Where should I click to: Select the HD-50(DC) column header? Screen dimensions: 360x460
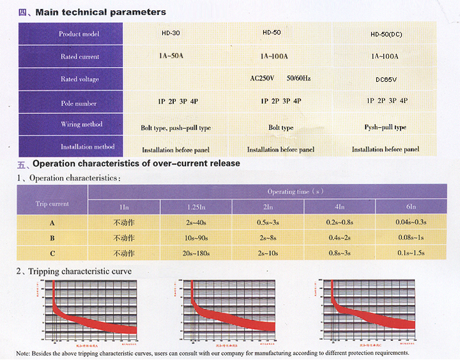coord(387,33)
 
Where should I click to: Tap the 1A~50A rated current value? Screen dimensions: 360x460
coord(171,56)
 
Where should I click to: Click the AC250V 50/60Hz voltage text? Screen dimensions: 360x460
coord(280,78)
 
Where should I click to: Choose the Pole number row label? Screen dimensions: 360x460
coord(79,103)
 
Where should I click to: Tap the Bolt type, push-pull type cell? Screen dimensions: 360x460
coord(176,128)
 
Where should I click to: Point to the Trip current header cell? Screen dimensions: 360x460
coord(52,204)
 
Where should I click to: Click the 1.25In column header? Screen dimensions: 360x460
coord(195,207)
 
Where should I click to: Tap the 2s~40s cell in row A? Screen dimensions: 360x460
coord(195,223)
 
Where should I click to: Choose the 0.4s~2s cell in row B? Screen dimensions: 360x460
coord(339,237)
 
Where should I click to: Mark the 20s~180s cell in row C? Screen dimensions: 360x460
coord(195,253)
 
